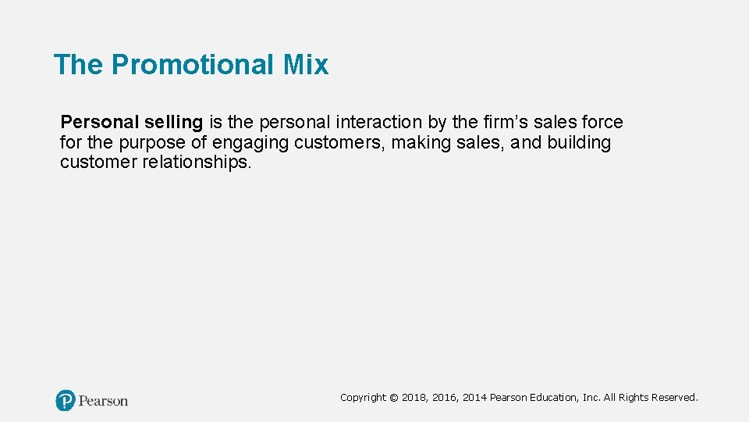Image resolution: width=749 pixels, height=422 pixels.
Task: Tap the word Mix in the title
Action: (x=306, y=65)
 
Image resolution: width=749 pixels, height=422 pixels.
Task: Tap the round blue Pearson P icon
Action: (x=66, y=401)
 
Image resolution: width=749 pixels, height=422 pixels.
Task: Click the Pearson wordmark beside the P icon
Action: (x=103, y=401)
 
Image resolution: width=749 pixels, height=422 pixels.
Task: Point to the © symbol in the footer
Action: (x=394, y=398)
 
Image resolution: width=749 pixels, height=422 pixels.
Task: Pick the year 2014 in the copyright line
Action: (x=474, y=398)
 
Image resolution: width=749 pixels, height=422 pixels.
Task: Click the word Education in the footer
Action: (x=556, y=398)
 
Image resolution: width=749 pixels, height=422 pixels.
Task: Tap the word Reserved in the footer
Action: (x=673, y=398)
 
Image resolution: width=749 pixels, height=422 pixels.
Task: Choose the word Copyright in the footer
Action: (x=363, y=398)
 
